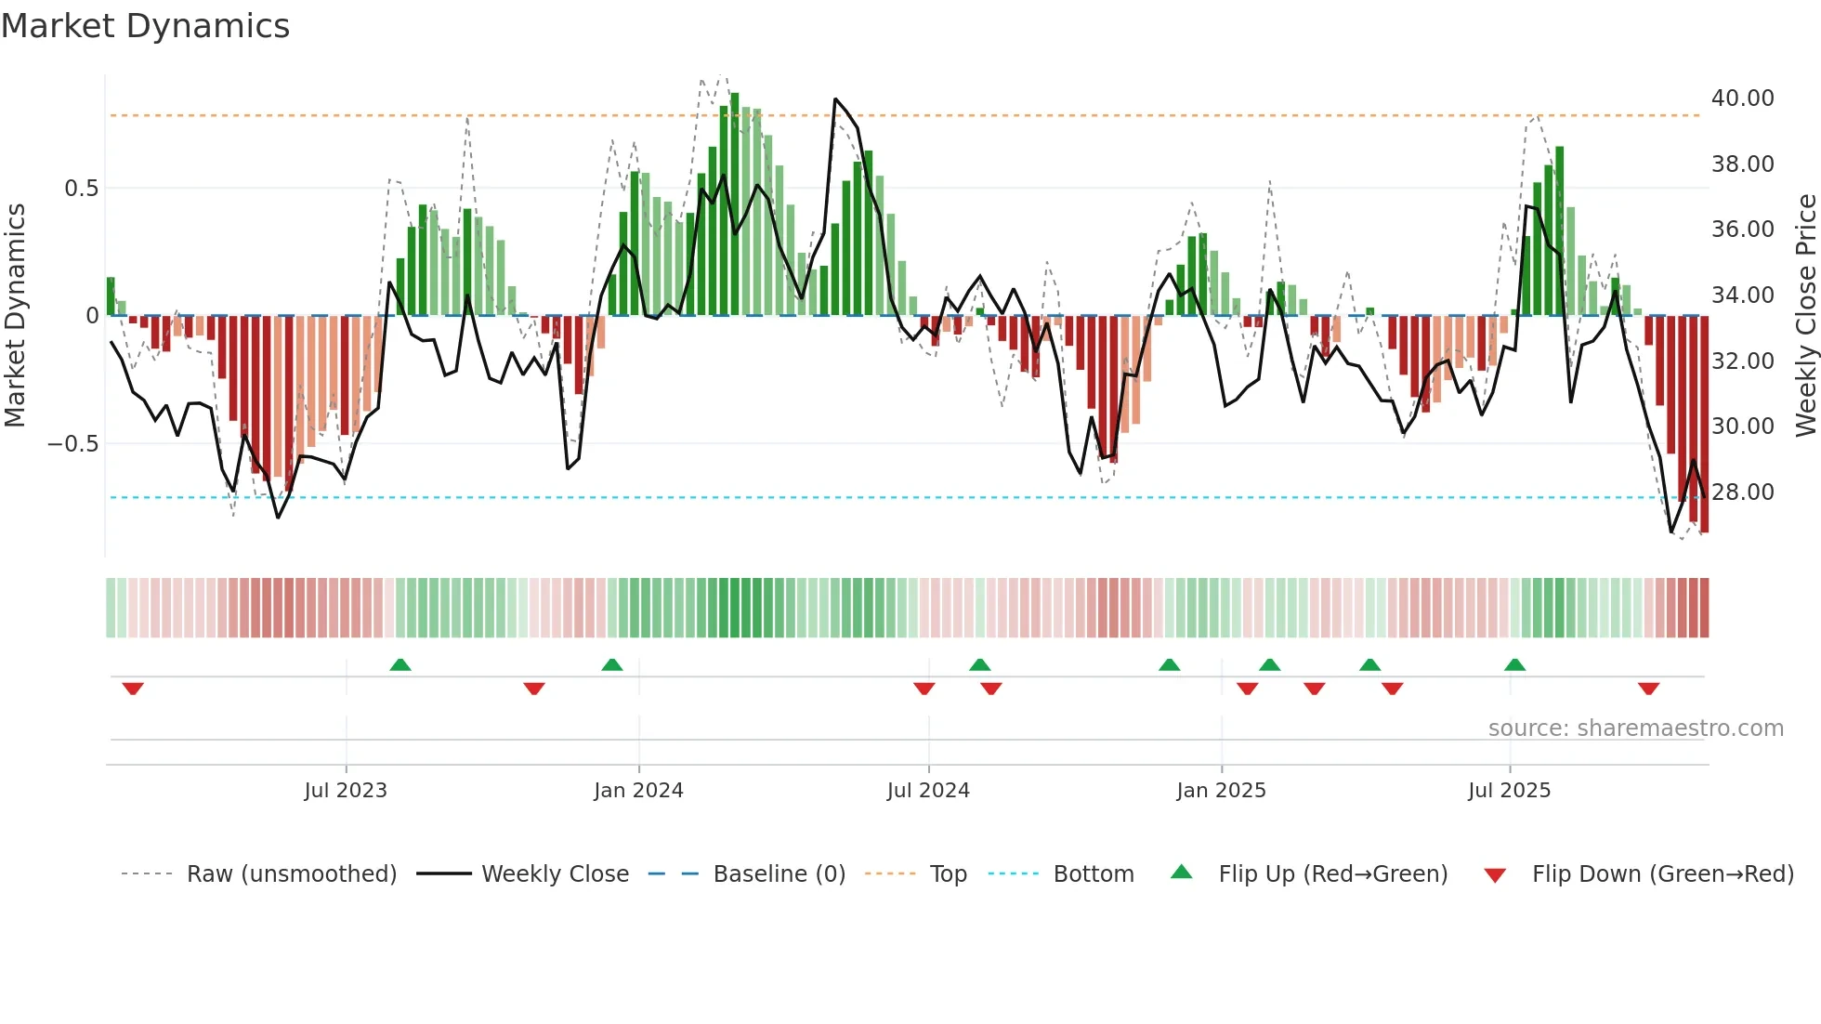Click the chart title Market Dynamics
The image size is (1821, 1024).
145,26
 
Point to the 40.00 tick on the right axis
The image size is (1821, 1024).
1742,98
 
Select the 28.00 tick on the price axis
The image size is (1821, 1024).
1742,492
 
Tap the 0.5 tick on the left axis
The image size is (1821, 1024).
81,189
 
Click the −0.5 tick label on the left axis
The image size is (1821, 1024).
72,444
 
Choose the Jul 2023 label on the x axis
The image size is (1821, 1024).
345,791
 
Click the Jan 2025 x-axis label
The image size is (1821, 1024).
1220,791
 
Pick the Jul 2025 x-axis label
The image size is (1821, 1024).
1509,791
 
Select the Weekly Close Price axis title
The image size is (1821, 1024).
1805,316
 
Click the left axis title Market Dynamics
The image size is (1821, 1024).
15,316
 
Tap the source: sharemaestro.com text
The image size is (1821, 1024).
1635,729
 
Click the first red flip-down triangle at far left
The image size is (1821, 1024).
133,689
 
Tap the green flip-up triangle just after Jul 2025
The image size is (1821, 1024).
1514,664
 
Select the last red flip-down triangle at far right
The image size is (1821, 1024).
1648,689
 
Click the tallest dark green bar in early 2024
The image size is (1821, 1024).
735,204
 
